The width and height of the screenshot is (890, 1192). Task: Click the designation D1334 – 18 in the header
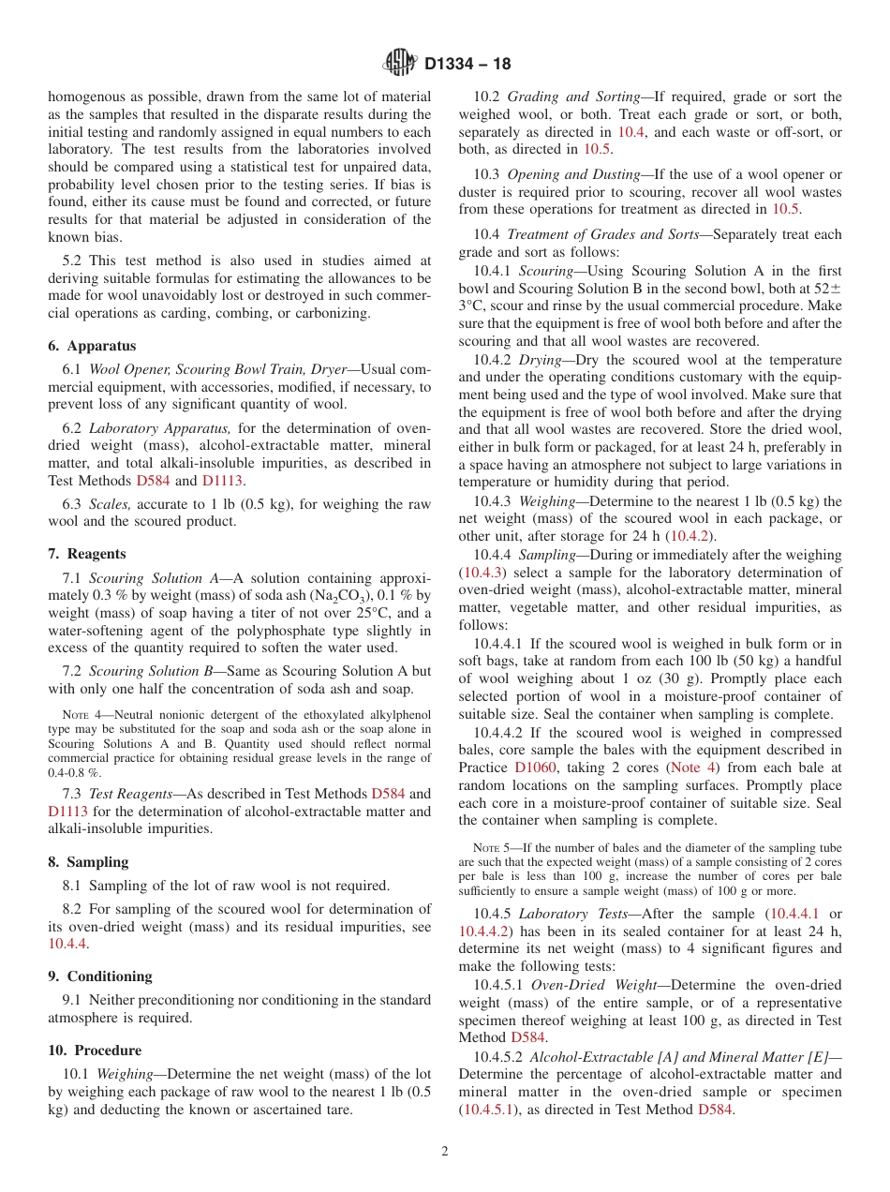467,65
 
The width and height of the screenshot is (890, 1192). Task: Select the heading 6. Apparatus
92,346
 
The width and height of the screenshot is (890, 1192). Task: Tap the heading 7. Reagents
87,554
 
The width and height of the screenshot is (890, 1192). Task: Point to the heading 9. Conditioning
100,976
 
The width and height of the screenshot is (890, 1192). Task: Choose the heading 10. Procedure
95,1050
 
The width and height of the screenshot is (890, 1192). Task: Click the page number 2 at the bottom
445,1151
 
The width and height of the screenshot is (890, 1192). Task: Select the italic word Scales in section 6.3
110,504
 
